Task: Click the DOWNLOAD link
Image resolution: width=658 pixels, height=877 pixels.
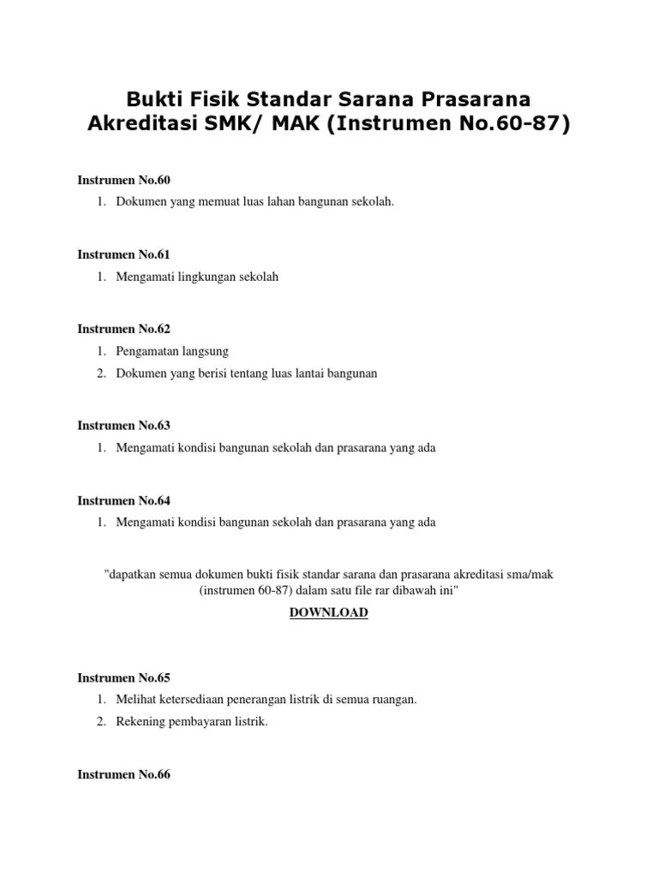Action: click(328, 612)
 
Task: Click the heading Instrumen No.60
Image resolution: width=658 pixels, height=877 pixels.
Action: click(124, 180)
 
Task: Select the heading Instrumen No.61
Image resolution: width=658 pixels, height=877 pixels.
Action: click(124, 254)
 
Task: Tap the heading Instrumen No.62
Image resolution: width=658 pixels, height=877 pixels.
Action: click(124, 329)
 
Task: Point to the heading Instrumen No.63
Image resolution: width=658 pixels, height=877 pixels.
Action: click(124, 425)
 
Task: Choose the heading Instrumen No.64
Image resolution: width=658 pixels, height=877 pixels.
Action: click(124, 500)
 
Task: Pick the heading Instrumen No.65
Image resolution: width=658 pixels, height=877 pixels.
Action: click(124, 677)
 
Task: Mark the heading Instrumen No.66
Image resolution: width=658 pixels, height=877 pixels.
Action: click(124, 774)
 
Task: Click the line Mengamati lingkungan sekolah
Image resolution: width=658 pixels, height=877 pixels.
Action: click(198, 277)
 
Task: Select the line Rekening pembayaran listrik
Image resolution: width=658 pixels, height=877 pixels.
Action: click(193, 722)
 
